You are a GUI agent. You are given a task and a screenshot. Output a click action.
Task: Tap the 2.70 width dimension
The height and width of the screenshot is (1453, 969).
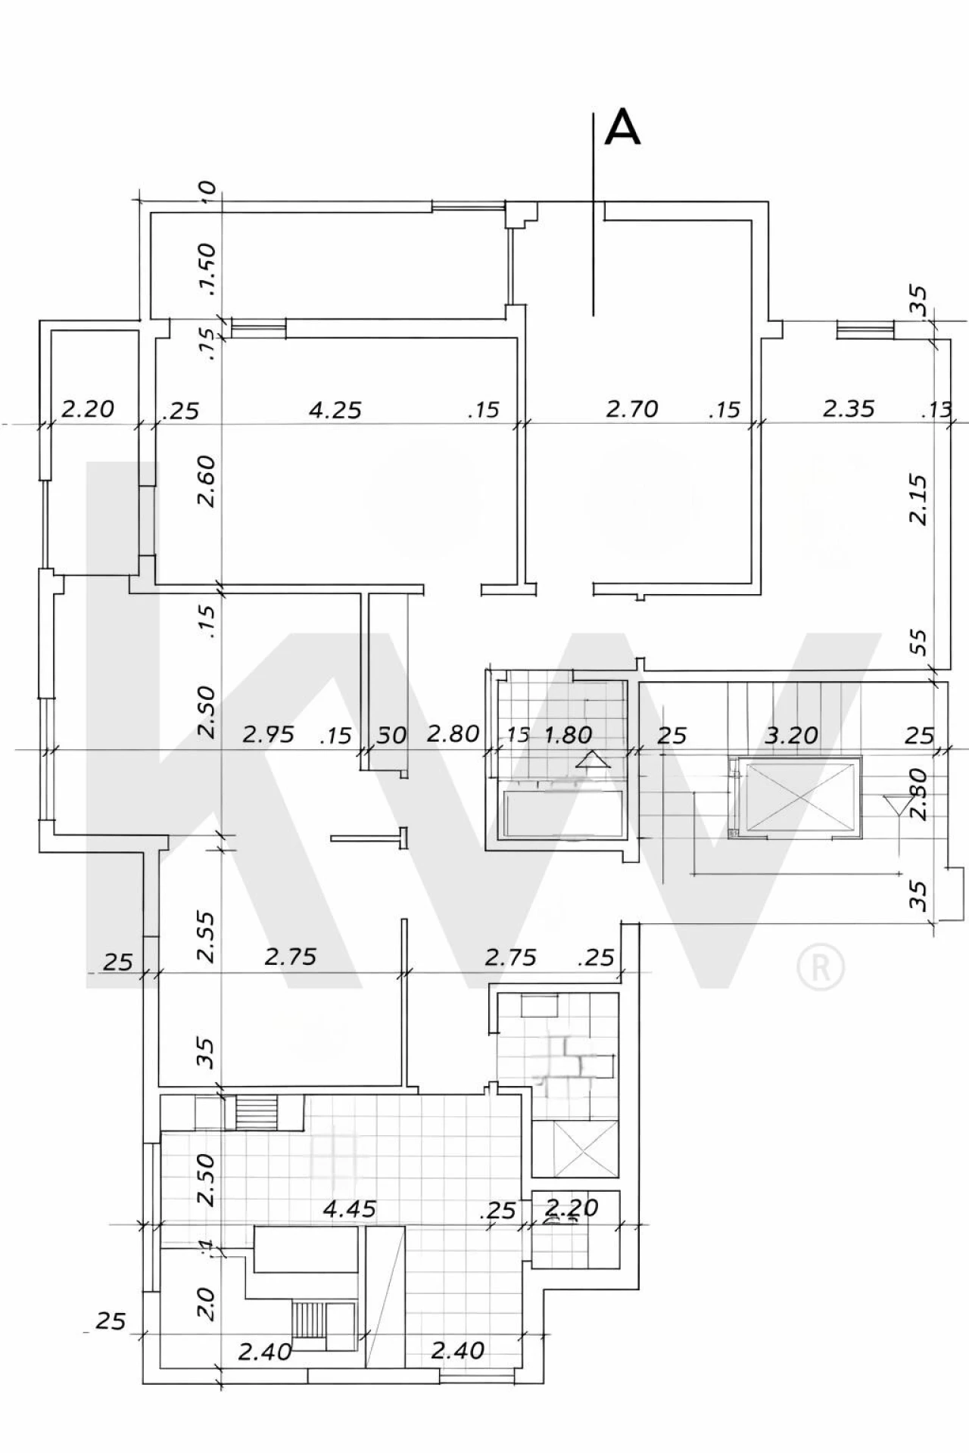tap(632, 409)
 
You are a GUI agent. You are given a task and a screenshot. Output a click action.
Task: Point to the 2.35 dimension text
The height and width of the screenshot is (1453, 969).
tap(848, 409)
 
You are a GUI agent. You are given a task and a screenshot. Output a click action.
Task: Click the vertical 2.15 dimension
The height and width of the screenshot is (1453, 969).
tap(918, 499)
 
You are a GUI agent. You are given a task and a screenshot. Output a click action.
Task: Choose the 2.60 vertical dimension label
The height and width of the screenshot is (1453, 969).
tap(207, 481)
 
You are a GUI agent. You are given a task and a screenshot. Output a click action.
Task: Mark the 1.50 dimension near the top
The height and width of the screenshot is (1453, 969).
tap(207, 269)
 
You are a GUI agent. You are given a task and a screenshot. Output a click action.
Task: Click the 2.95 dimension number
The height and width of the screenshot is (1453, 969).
tap(268, 734)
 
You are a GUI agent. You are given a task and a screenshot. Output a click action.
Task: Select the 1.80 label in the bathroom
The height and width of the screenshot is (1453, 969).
tap(568, 734)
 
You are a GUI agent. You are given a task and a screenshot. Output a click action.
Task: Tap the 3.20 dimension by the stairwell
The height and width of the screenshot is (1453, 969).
tap(791, 734)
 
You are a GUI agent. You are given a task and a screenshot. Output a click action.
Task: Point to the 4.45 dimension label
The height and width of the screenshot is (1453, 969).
tap(349, 1209)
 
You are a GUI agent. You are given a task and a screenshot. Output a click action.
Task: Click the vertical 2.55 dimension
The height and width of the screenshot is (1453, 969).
tap(207, 936)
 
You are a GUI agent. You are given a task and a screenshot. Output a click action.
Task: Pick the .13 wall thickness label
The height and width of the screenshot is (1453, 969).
tap(936, 410)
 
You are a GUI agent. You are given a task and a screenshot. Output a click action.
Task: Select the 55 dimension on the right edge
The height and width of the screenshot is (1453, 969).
tap(918, 642)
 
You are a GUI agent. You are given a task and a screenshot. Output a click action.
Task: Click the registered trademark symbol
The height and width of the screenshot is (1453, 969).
tap(821, 966)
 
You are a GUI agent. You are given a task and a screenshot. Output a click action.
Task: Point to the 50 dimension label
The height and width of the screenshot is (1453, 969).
tap(391, 735)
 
